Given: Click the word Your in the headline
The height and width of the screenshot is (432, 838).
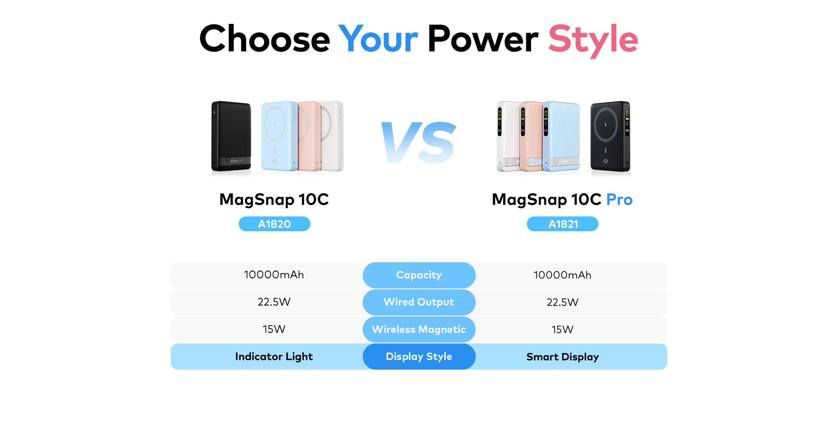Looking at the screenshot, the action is click(x=378, y=39).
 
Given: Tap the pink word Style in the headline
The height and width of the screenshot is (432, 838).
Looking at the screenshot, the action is click(x=593, y=40).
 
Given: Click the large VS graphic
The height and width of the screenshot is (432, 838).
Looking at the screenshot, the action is click(x=419, y=143).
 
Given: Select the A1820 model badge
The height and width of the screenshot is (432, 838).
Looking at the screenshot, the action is click(x=274, y=224).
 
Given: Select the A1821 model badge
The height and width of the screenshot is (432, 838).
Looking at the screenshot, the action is click(x=563, y=224).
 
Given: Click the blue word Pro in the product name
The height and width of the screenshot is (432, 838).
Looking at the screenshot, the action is click(x=619, y=199).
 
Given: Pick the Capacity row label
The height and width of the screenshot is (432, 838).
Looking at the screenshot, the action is click(x=419, y=275).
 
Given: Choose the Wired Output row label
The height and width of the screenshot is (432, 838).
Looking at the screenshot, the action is click(x=419, y=302).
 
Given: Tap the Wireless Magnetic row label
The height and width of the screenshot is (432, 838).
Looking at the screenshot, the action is click(x=419, y=329).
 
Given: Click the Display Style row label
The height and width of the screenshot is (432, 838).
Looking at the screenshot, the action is click(x=419, y=357).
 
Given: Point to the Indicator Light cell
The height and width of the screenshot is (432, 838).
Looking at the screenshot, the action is click(x=274, y=357).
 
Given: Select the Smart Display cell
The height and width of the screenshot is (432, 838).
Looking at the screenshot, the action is click(x=563, y=357).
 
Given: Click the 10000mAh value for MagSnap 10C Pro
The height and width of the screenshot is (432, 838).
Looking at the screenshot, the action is click(x=562, y=275).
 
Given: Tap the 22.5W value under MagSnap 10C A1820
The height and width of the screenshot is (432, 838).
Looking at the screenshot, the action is click(x=274, y=302).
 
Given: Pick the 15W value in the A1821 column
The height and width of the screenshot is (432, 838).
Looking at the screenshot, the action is click(x=562, y=329).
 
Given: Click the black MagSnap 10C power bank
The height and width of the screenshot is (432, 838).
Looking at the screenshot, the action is click(x=231, y=136).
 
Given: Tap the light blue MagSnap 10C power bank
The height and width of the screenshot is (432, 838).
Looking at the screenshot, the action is click(x=279, y=136).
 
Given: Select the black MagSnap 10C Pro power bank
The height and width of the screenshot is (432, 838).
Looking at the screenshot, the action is click(x=611, y=136).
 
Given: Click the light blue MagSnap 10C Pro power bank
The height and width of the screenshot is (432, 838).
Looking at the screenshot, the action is click(x=562, y=136).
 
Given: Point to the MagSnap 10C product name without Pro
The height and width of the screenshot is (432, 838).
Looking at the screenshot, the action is click(x=274, y=199).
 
